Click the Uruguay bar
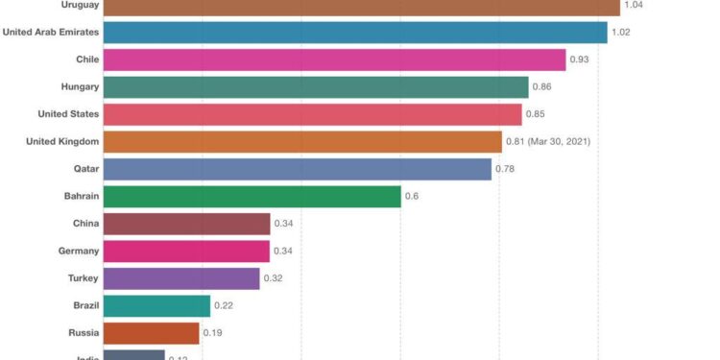click(361, 7)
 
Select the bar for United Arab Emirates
click(355, 33)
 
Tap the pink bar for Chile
click(334, 60)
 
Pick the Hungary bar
click(316, 87)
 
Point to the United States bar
click(312, 114)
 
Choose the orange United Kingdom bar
click(302, 142)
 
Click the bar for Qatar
click(297, 169)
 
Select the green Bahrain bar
click(252, 197)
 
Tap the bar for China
click(186, 224)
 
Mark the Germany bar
click(186, 252)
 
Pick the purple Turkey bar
click(181, 278)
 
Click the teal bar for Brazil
click(156, 306)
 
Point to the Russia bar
click(151, 333)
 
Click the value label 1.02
click(621, 33)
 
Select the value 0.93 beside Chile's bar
click(579, 60)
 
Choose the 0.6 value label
click(412, 197)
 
